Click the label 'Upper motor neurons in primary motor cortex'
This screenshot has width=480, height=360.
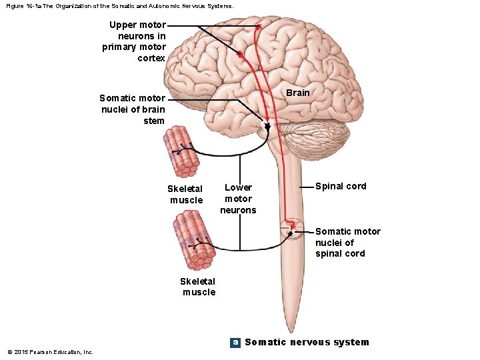pyautogui.click(x=134, y=41)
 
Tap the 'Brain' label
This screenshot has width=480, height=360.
pyautogui.click(x=297, y=93)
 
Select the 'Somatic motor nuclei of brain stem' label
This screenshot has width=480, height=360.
pyautogui.click(x=132, y=109)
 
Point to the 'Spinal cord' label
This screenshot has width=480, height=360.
pyautogui.click(x=341, y=186)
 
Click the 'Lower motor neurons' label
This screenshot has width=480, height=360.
pyautogui.click(x=238, y=199)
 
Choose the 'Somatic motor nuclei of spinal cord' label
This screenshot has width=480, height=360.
pyautogui.click(x=347, y=242)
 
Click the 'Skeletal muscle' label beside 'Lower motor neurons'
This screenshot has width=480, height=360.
pyautogui.click(x=186, y=194)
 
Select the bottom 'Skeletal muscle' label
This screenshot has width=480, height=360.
pyautogui.click(x=199, y=286)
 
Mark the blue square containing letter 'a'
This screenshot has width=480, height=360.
pyautogui.click(x=235, y=342)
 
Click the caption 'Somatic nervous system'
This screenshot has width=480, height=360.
pyautogui.click(x=307, y=342)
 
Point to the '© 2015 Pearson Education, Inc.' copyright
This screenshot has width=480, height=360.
pyautogui.click(x=50, y=351)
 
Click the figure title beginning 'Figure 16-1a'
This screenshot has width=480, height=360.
pyautogui.click(x=120, y=6)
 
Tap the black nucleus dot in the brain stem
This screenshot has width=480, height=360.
pyautogui.click(x=267, y=125)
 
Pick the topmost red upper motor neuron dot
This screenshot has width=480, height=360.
pyautogui.click(x=258, y=27)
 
